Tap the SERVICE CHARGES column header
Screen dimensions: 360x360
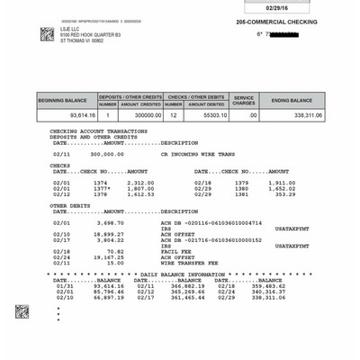coord(245,101)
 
